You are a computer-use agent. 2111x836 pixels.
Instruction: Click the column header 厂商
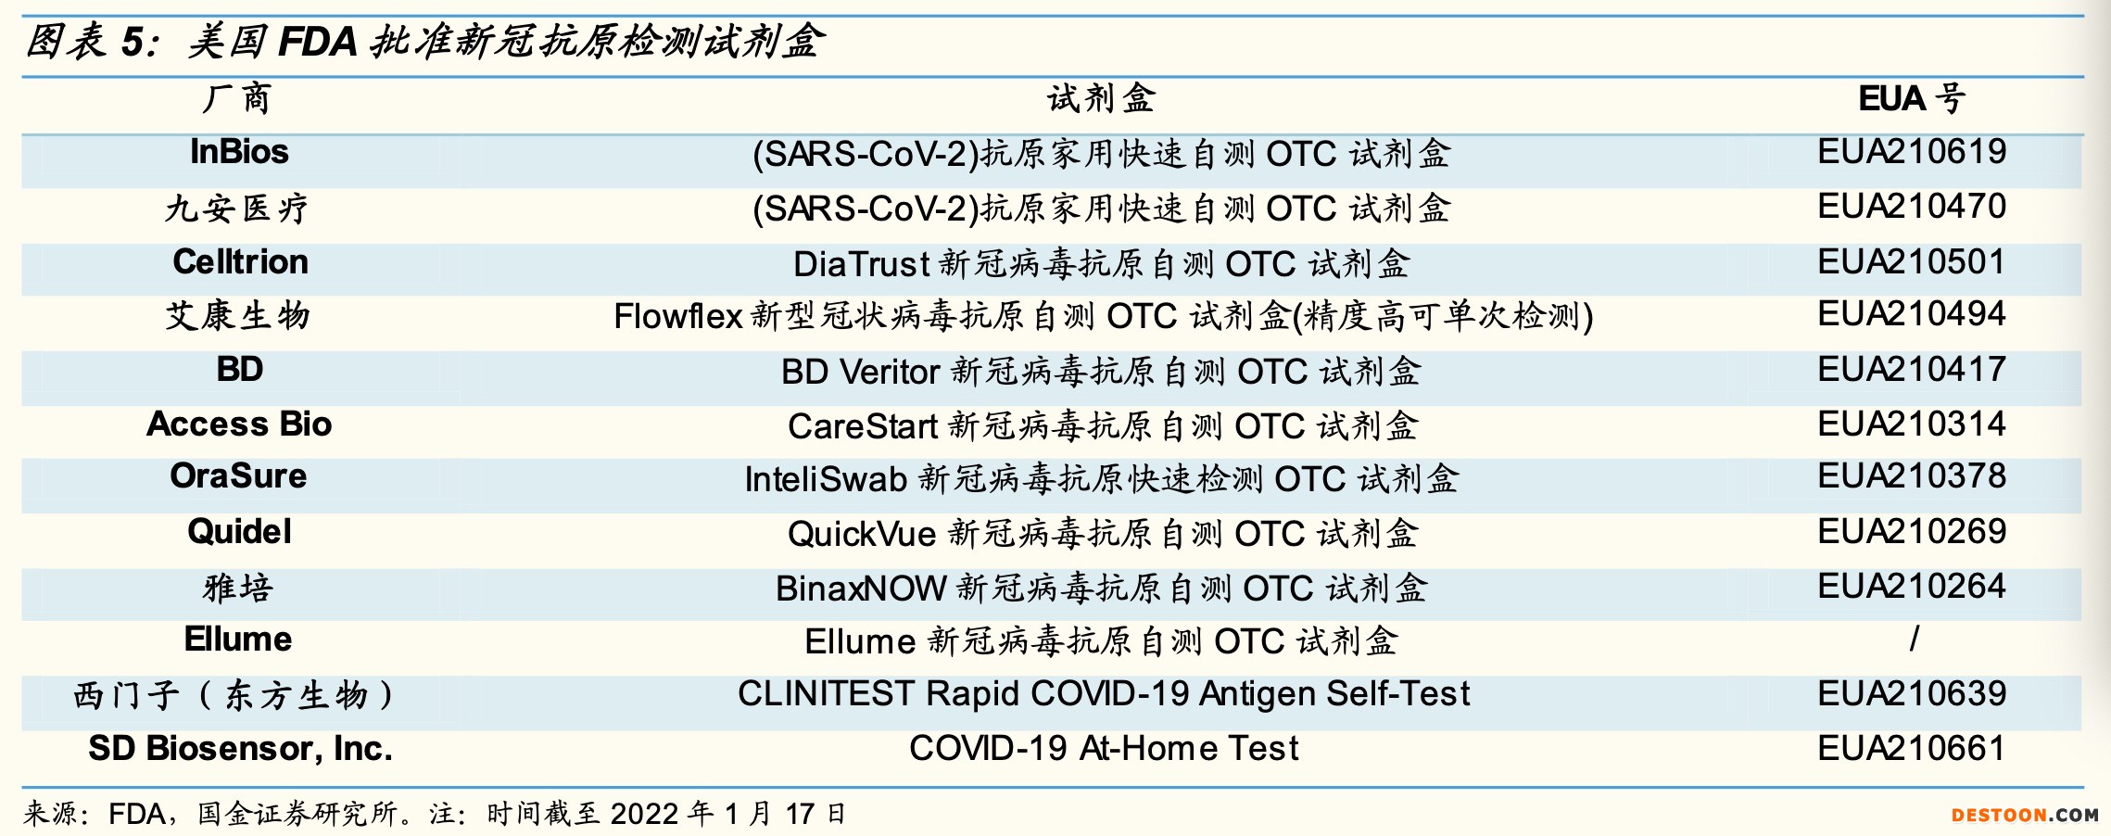[237, 98]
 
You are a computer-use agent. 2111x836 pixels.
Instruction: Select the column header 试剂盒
[1101, 98]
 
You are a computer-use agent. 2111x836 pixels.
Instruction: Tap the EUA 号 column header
[1912, 98]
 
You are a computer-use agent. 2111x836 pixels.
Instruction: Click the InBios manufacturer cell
[239, 152]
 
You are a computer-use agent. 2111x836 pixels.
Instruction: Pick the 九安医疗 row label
[237, 208]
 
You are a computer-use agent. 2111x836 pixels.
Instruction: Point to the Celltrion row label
[240, 262]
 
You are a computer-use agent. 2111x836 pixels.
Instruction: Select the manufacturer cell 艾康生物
[237, 315]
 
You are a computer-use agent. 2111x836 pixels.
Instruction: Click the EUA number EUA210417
[1912, 369]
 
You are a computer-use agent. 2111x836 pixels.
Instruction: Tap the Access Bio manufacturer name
[239, 424]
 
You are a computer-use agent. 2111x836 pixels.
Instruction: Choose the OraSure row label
[238, 476]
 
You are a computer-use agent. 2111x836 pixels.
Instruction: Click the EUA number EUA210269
[1912, 531]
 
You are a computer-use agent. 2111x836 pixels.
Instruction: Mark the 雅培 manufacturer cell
[237, 588]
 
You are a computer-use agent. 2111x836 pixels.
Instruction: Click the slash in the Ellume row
[1914, 639]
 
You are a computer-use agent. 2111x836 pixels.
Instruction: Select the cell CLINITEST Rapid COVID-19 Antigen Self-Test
[1104, 693]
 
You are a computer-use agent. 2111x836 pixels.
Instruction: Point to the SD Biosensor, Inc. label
[240, 748]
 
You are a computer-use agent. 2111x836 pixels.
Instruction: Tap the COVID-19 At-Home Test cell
[1104, 748]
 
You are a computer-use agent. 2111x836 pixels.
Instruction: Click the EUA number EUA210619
[1912, 152]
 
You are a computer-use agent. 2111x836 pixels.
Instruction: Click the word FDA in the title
[318, 42]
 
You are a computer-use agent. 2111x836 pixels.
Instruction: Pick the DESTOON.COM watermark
[2025, 816]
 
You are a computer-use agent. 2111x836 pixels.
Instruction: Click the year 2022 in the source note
[644, 814]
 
